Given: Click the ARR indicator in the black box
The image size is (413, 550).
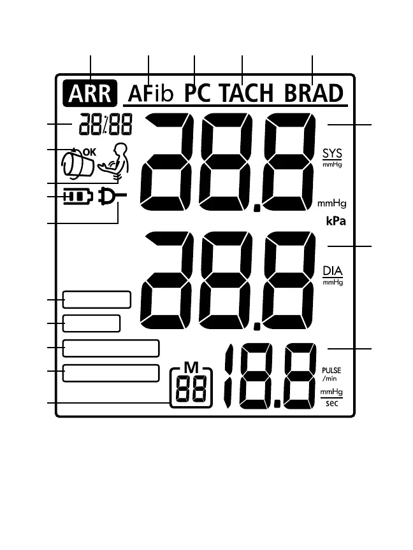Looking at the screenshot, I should coord(91,94).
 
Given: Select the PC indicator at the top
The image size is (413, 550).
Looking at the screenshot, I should coord(198,94).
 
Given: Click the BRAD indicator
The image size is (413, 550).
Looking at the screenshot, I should coord(313,94).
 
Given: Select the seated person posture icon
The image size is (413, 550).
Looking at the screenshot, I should coord(115,163).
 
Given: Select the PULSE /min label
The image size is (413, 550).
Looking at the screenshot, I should coord(331,374).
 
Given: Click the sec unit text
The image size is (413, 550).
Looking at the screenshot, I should coord(331,404).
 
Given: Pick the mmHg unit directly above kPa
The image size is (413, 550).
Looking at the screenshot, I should coord(331,204).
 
